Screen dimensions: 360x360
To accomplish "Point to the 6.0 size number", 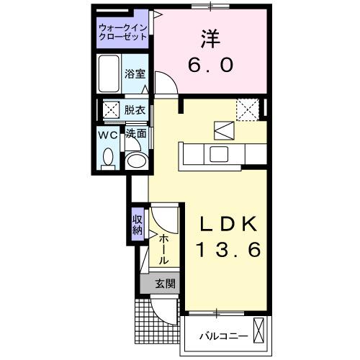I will [210, 65].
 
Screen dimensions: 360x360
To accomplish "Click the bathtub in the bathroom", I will [109, 73].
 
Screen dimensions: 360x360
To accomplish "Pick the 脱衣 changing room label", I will [134, 110].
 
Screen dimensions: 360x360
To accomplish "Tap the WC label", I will [109, 134].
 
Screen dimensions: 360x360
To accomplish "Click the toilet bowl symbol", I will [109, 156].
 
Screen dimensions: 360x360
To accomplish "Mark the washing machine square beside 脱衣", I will [110, 110].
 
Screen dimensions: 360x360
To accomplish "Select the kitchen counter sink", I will [217, 153].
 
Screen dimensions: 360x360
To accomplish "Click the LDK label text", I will [223, 223].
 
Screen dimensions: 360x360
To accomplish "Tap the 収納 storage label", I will [138, 225].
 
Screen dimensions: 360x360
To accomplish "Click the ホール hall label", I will [165, 248].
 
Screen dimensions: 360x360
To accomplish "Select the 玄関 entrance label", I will [164, 284].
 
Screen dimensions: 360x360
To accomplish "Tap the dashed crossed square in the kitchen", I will [249, 110].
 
